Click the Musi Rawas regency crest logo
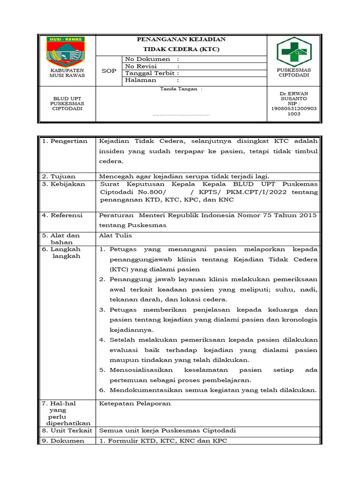[x=66, y=51]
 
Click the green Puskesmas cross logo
[x=293, y=52]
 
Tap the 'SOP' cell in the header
[x=109, y=71]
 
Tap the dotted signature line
[x=181, y=114]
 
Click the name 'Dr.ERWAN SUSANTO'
[x=293, y=96]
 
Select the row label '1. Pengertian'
[x=65, y=141]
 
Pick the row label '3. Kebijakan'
[x=64, y=184]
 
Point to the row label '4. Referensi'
[x=64, y=215]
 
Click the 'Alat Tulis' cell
[x=115, y=235]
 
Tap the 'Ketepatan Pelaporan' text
[x=135, y=403]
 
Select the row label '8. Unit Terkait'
[x=66, y=430]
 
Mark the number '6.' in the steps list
[x=102, y=390]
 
